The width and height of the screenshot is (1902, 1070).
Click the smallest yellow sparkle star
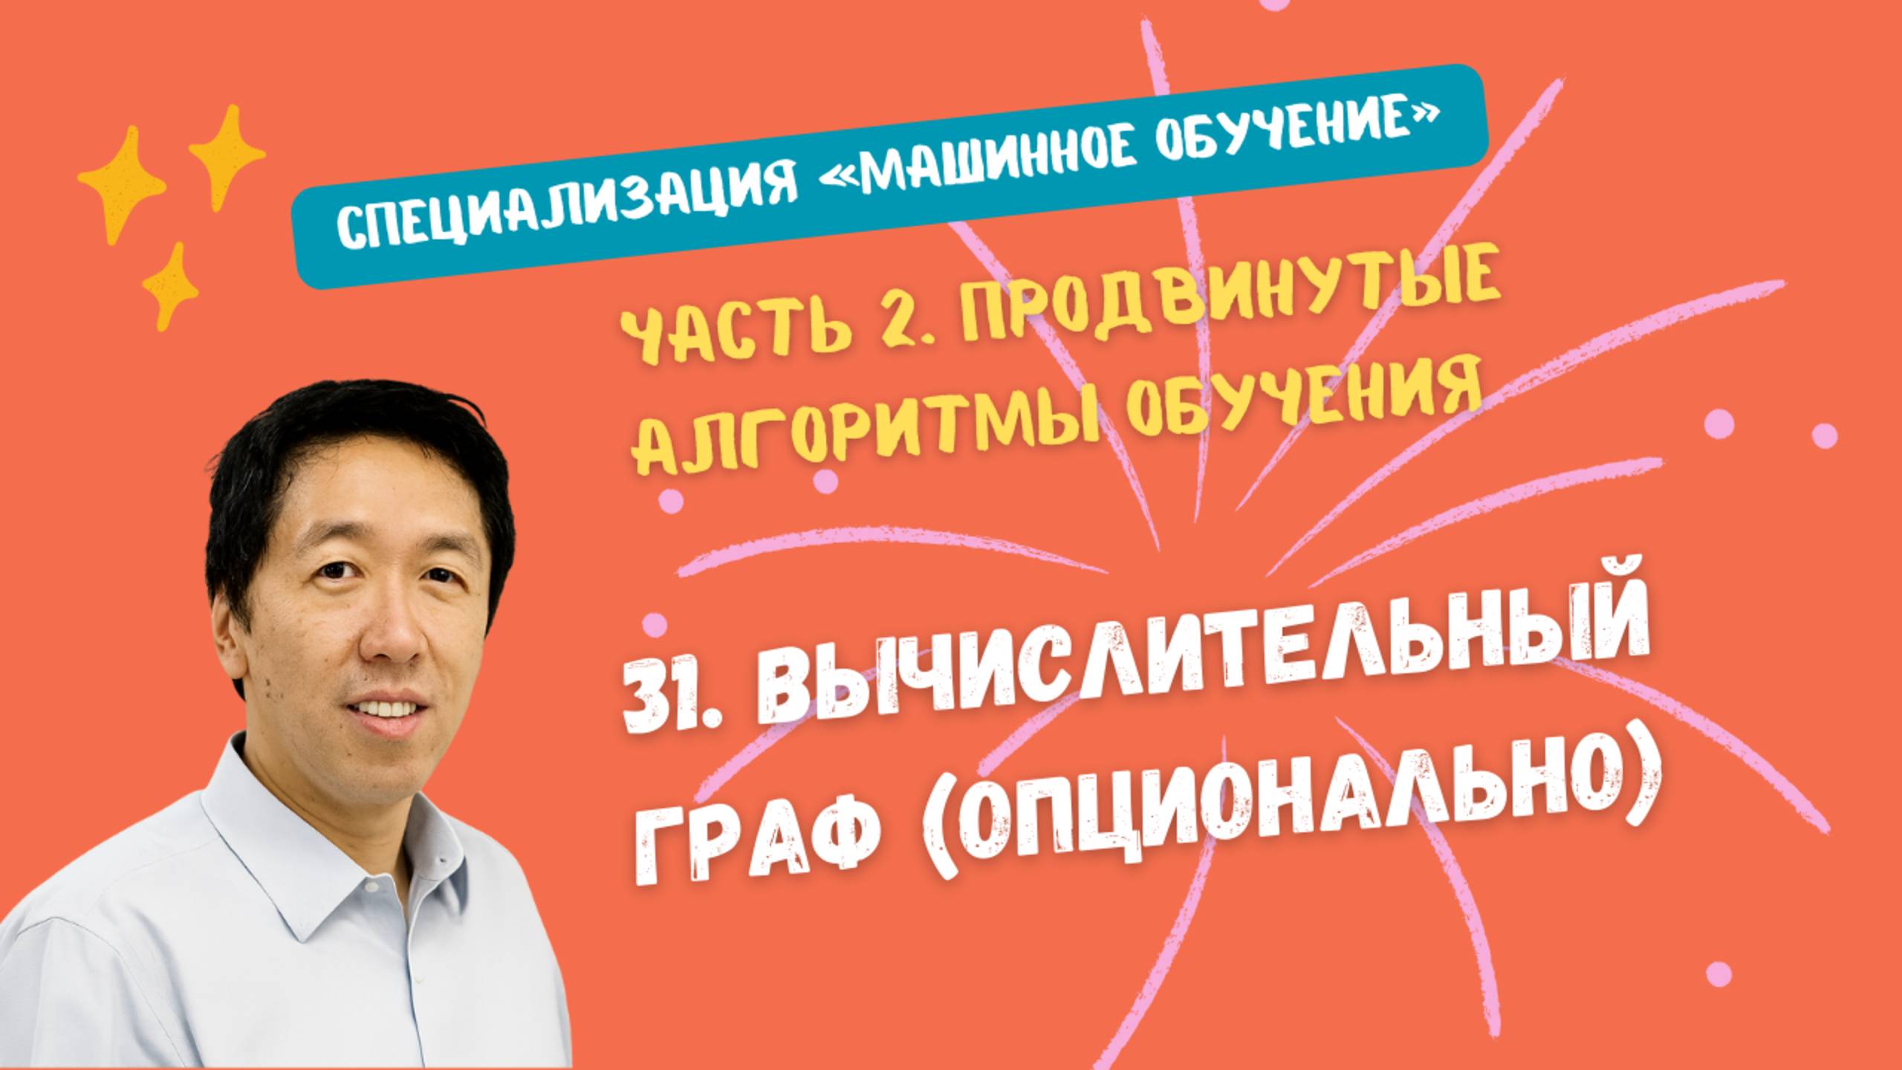171,286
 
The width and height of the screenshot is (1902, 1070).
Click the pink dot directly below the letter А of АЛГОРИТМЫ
670,502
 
